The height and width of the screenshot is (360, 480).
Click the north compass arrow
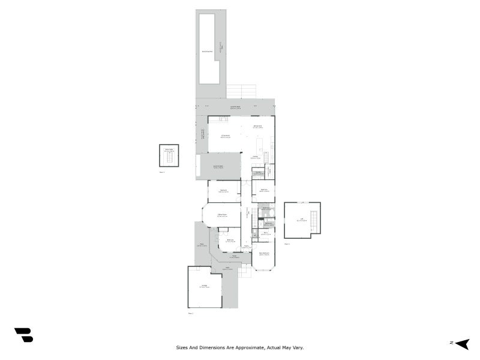coord(462,343)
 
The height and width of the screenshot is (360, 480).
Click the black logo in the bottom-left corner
coord(23,335)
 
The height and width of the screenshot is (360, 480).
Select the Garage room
coord(205,287)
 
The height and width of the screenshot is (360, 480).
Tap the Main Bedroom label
coord(264,253)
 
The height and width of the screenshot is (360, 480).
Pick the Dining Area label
coord(258,127)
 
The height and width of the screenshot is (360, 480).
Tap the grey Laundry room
coord(258,173)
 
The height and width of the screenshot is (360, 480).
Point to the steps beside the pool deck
coord(242,91)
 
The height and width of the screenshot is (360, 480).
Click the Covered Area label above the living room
coord(235,107)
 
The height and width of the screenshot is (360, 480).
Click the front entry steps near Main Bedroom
coord(244,271)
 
